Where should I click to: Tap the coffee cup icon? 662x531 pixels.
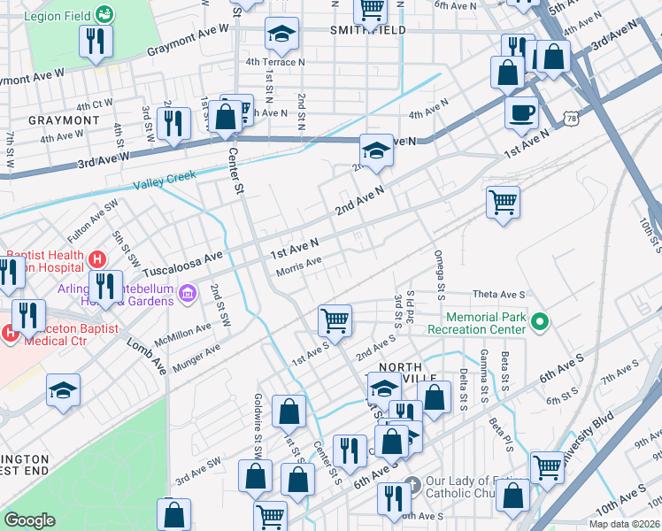point(521,113)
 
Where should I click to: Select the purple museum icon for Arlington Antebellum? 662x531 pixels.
point(187,293)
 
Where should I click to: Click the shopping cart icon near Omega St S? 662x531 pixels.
point(503,201)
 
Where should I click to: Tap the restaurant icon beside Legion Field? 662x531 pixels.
point(96,41)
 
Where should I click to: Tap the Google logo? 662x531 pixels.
point(30,520)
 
